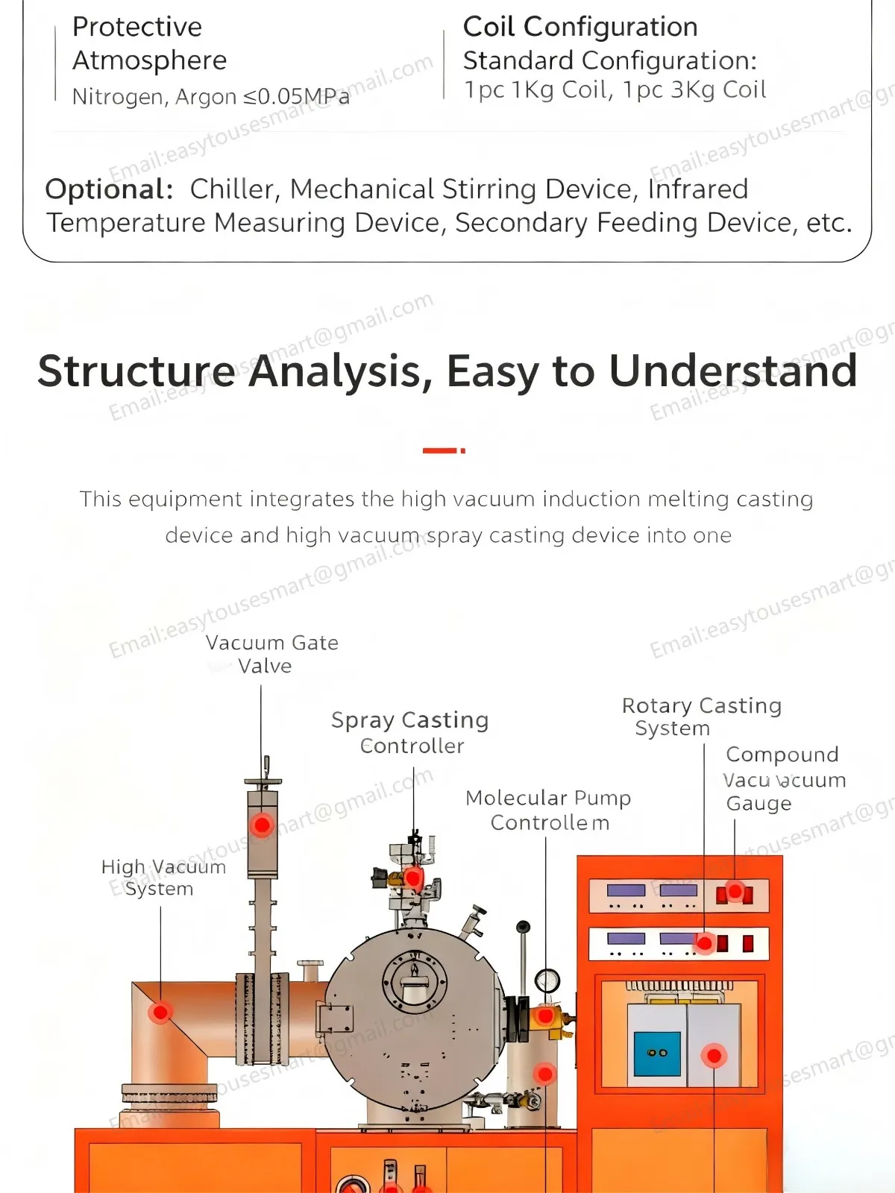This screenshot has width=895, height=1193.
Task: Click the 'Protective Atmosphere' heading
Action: click(x=149, y=43)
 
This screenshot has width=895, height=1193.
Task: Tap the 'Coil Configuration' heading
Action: click(x=580, y=27)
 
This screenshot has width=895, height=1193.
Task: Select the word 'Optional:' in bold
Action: click(x=109, y=189)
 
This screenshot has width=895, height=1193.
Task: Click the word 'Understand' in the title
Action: click(x=733, y=371)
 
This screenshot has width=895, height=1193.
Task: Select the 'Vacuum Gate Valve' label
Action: click(x=271, y=654)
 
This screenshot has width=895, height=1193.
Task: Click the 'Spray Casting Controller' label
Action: click(x=410, y=732)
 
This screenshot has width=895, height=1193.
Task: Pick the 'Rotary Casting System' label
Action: click(x=701, y=716)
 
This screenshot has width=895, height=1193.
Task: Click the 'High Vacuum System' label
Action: click(x=163, y=878)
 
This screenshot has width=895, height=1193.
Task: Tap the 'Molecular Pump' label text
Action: click(x=548, y=798)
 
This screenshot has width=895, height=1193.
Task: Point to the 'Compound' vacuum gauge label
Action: click(x=782, y=755)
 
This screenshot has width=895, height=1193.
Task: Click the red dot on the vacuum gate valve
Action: click(x=262, y=825)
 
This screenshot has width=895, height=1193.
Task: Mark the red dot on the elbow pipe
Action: click(x=160, y=1012)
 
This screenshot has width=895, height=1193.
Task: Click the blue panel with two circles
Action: click(x=657, y=1053)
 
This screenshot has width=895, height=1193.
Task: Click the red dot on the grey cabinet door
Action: click(x=714, y=1055)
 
